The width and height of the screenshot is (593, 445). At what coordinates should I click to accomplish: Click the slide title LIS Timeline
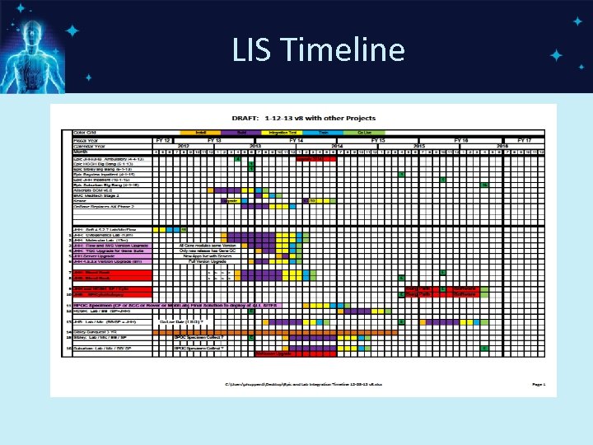(x=318, y=51)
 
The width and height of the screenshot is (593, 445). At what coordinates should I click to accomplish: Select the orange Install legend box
(x=200, y=132)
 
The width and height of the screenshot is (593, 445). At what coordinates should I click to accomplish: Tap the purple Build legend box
(x=241, y=132)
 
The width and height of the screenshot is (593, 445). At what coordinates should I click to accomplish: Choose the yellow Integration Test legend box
(x=282, y=132)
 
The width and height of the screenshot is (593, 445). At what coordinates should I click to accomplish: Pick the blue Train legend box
(x=323, y=132)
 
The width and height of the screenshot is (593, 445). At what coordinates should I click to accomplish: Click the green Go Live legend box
(x=363, y=132)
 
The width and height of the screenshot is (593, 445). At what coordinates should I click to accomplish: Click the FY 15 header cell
(x=378, y=140)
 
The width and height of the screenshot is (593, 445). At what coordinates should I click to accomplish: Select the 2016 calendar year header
(x=500, y=146)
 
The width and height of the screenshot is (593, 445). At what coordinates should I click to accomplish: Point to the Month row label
(x=81, y=152)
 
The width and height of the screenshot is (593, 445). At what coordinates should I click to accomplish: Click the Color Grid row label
(x=86, y=132)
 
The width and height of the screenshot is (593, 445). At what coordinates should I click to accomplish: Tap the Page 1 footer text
(x=538, y=384)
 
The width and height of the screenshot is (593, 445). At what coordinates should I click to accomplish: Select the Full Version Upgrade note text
(x=198, y=261)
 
